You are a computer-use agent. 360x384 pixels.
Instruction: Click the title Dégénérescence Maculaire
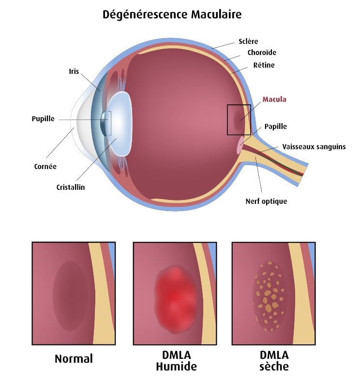172,14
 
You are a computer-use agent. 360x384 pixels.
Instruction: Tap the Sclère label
250,41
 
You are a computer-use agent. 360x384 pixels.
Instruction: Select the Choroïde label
261,53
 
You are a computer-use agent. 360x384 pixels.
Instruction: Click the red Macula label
274,100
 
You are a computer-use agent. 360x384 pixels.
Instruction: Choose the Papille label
275,127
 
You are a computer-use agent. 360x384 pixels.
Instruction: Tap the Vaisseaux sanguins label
314,146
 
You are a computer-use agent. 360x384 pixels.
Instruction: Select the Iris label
74,71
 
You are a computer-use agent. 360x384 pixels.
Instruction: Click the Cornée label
45,166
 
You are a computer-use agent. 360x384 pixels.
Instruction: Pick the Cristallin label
71,187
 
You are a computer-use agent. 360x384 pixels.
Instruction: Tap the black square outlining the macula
239,105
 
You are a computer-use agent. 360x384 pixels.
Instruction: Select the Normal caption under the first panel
74,359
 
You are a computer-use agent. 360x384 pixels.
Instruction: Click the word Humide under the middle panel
176,367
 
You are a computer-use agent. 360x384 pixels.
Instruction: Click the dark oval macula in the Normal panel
71,296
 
